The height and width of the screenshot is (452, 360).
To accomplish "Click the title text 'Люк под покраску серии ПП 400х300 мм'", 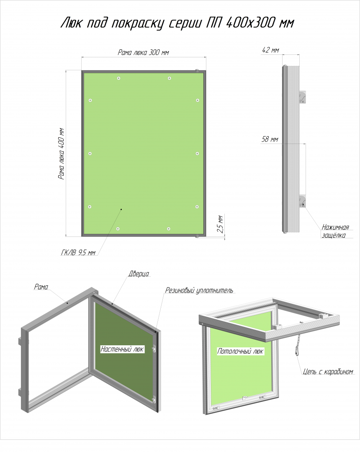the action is (177, 23).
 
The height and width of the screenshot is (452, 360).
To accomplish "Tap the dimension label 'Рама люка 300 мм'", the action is (143, 52).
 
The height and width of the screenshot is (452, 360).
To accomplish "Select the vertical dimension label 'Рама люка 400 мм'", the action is (61, 154).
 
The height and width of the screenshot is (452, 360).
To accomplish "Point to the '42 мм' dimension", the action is (270, 50).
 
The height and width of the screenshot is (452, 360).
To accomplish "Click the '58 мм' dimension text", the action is (270, 139).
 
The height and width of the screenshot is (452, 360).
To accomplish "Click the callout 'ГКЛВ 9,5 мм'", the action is (78, 252).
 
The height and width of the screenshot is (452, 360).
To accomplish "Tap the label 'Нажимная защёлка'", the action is (335, 231).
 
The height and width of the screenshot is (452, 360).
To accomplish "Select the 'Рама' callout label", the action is (41, 287).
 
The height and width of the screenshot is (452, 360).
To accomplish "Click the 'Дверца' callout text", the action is (139, 274).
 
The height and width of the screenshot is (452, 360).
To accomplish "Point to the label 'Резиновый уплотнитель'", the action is (199, 290).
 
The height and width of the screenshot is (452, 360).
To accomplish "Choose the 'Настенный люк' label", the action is (122, 349).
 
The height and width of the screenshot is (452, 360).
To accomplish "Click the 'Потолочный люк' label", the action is (240, 351).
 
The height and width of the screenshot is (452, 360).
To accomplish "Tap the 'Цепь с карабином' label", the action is (328, 372).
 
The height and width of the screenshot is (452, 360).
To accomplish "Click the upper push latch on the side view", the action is (302, 97).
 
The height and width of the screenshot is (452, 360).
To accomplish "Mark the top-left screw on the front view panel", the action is (118, 78).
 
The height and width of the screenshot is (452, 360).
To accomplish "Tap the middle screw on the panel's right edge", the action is (197, 153).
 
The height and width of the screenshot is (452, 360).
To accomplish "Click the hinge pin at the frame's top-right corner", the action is (198, 70).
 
